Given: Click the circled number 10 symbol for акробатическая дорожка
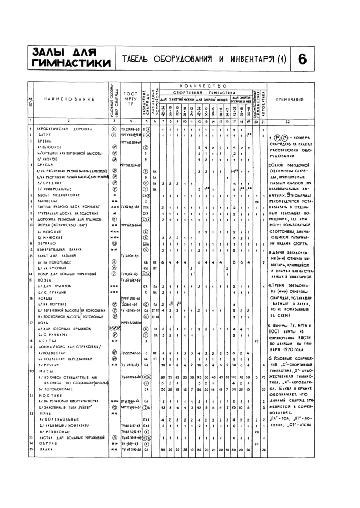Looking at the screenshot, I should (114, 128).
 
